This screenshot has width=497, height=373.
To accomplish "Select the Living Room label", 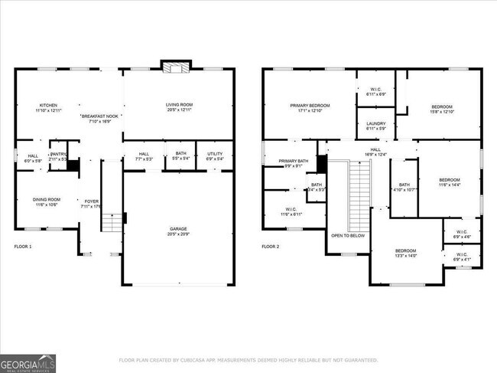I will point(179,108).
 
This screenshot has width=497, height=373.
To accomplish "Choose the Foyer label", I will point(91,202).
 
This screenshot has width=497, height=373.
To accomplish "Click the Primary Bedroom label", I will point(310,108).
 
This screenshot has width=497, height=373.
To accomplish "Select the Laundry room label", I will point(375,126).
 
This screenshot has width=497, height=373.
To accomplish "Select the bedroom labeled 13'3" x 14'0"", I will point(405,254).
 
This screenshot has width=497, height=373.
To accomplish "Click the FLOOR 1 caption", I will point(23,247).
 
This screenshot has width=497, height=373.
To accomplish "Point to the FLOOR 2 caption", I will point(271,247).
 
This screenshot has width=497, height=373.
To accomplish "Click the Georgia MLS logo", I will point(28,362).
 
